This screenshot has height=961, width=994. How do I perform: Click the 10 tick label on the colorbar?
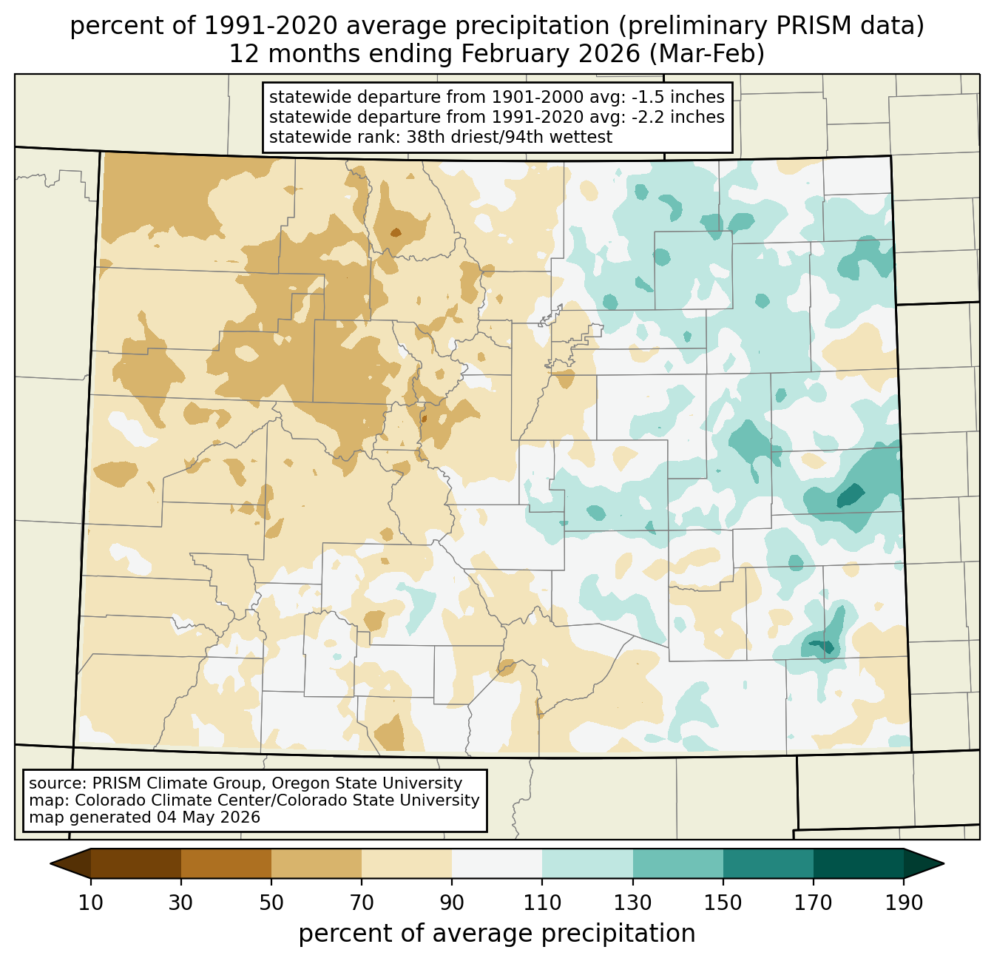pyautogui.click(x=90, y=903)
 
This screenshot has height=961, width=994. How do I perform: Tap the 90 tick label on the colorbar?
pyautogui.click(x=452, y=903)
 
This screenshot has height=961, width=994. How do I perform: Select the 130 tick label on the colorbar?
pyautogui.click(x=632, y=903)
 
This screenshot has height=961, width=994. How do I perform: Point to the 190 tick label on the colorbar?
pyautogui.click(x=904, y=903)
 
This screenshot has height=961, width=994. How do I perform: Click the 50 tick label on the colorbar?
pyautogui.click(x=271, y=903)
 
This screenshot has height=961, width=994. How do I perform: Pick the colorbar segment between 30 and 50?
pyautogui.click(x=226, y=863)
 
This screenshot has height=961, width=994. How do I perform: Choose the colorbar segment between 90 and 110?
pyautogui.click(x=497, y=863)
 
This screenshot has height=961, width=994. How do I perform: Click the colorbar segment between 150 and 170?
pyautogui.click(x=768, y=863)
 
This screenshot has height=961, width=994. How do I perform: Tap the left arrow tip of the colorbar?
pyautogui.click(x=50, y=863)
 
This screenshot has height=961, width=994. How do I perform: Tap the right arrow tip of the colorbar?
pyautogui.click(x=944, y=863)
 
